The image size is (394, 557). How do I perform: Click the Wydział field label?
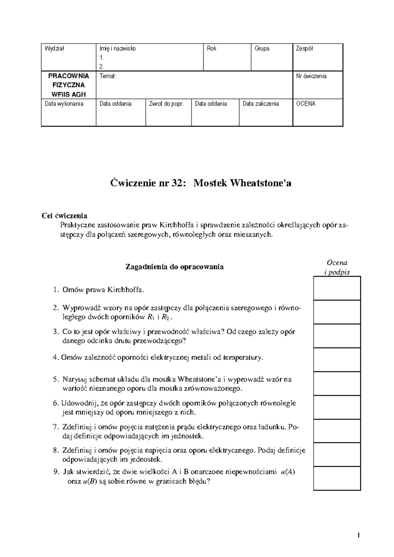[55, 49]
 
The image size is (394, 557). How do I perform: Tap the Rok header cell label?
[212, 49]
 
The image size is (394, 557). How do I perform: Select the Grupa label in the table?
[262, 49]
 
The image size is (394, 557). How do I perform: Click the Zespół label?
[304, 49]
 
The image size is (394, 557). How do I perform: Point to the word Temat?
[108, 76]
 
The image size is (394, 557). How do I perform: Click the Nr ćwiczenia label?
[311, 76]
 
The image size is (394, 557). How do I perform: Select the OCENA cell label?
[306, 104]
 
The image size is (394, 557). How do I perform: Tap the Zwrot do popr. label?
[166, 104]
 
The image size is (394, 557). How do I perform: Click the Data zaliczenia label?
[261, 104]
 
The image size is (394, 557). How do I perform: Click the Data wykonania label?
[64, 104]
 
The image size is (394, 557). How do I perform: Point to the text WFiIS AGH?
[69, 94]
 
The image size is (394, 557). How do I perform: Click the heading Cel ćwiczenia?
[64, 216]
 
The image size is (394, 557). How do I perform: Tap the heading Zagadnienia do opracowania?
[175, 267]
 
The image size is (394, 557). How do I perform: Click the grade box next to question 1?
[337, 288]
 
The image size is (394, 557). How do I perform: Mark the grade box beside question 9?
[337, 478]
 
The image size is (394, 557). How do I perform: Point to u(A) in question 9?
[288, 472]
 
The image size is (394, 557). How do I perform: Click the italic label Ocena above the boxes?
[337, 262]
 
